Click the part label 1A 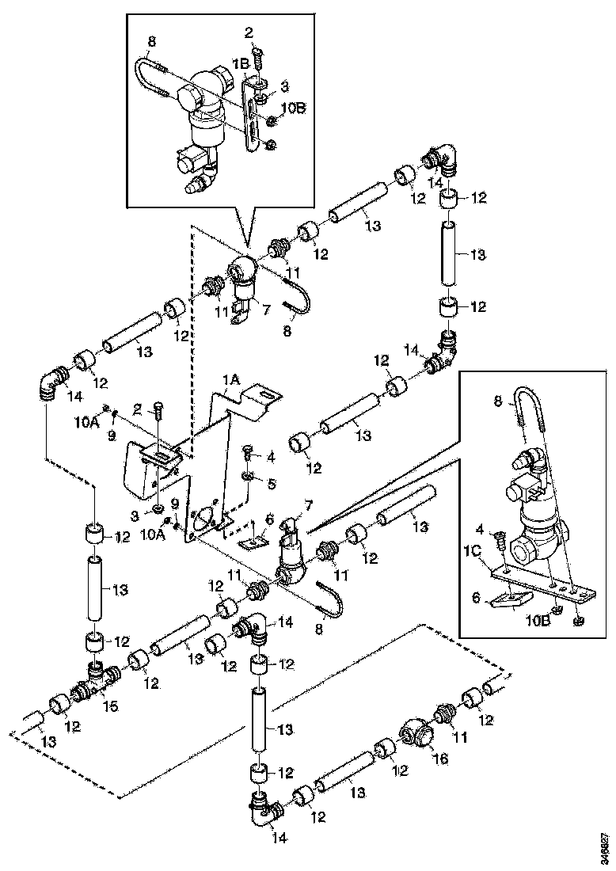pos(231,380)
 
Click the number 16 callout pos(440,758)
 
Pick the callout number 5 pos(271,483)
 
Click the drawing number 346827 pos(604,848)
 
